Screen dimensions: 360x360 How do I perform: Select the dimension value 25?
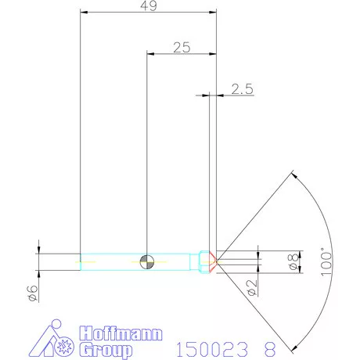(x=182, y=48)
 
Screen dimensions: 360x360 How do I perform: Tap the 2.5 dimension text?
(x=243, y=89)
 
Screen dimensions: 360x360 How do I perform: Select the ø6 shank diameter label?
(x=32, y=293)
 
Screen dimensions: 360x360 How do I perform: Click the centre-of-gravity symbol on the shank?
(x=147, y=261)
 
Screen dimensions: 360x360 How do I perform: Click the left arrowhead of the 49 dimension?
(x=84, y=13)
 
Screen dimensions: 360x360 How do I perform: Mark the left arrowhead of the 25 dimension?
(x=151, y=54)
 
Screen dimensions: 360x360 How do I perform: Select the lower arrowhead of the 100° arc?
(x=291, y=347)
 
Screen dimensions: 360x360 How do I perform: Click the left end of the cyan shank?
(x=82, y=261)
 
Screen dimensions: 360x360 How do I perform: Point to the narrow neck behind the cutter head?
(x=196, y=261)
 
